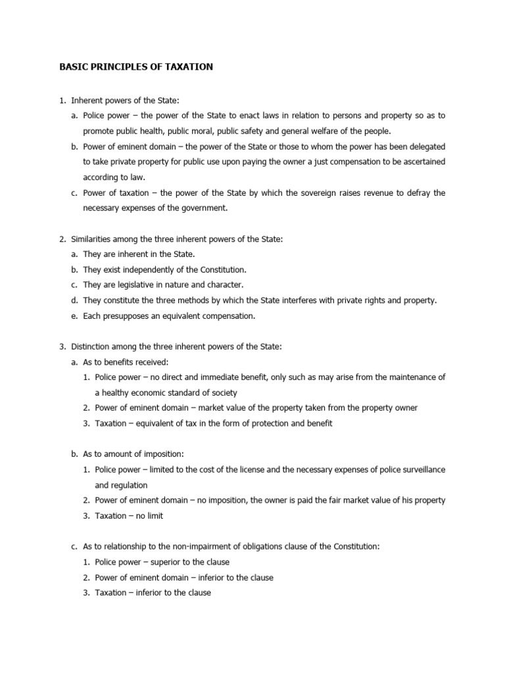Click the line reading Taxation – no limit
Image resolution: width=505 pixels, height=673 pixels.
pos(129,516)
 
